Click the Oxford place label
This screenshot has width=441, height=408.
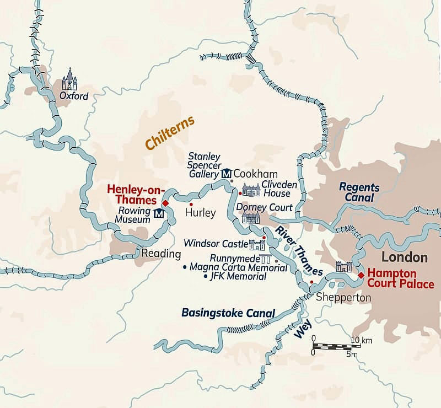point(74,96)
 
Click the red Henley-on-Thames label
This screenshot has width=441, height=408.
point(132,194)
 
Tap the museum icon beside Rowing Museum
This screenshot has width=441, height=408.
point(159,214)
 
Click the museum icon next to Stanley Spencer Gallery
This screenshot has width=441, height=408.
point(226,174)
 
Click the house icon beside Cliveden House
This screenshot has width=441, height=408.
point(251,191)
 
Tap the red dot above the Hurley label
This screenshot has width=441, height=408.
point(191,205)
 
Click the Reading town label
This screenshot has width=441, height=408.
point(161,254)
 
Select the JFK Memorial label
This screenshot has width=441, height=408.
point(238,276)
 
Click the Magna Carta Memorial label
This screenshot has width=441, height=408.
point(238,267)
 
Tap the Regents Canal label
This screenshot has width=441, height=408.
point(357,192)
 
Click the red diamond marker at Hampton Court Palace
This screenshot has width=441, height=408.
point(361,275)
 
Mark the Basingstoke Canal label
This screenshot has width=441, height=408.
point(228,313)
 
